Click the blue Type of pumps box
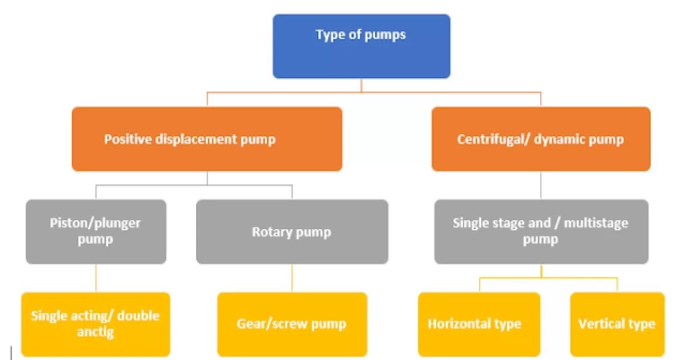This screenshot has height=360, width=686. (x=361, y=46)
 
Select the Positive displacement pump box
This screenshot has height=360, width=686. (x=207, y=139)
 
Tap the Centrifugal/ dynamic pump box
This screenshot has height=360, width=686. (x=541, y=139)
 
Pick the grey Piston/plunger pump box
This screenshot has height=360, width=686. (x=96, y=231)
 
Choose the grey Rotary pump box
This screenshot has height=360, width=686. (x=292, y=231)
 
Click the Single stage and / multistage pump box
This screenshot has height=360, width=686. (x=541, y=231)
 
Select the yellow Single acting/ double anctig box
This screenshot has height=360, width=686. (x=95, y=324)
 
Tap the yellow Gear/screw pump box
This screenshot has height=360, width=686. (x=292, y=324)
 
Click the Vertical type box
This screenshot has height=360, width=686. (x=617, y=324)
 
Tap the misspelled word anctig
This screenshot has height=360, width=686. (x=95, y=331)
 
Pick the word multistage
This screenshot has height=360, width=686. (x=596, y=223)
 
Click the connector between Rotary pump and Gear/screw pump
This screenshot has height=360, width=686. (x=292, y=278)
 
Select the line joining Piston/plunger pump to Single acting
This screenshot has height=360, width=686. (x=95, y=278)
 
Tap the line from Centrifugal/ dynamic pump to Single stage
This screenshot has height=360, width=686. (x=541, y=185)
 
